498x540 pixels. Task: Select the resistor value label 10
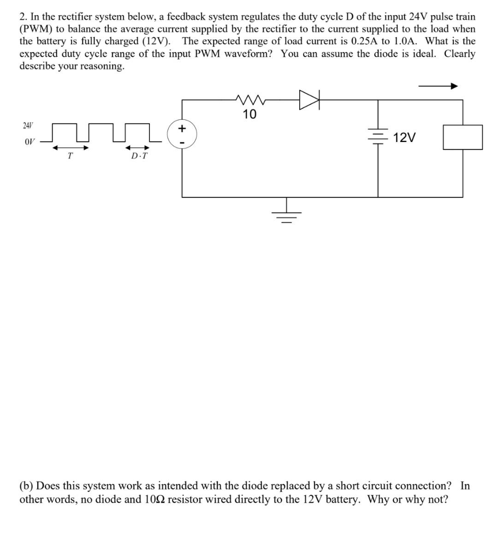[x=249, y=114]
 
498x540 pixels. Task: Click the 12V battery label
[x=405, y=137]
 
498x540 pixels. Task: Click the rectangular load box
[x=462, y=137]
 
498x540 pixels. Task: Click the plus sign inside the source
[x=183, y=127]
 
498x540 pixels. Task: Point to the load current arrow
[x=438, y=86]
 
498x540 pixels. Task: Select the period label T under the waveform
[x=70, y=156]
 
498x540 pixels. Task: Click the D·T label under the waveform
[x=139, y=156]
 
